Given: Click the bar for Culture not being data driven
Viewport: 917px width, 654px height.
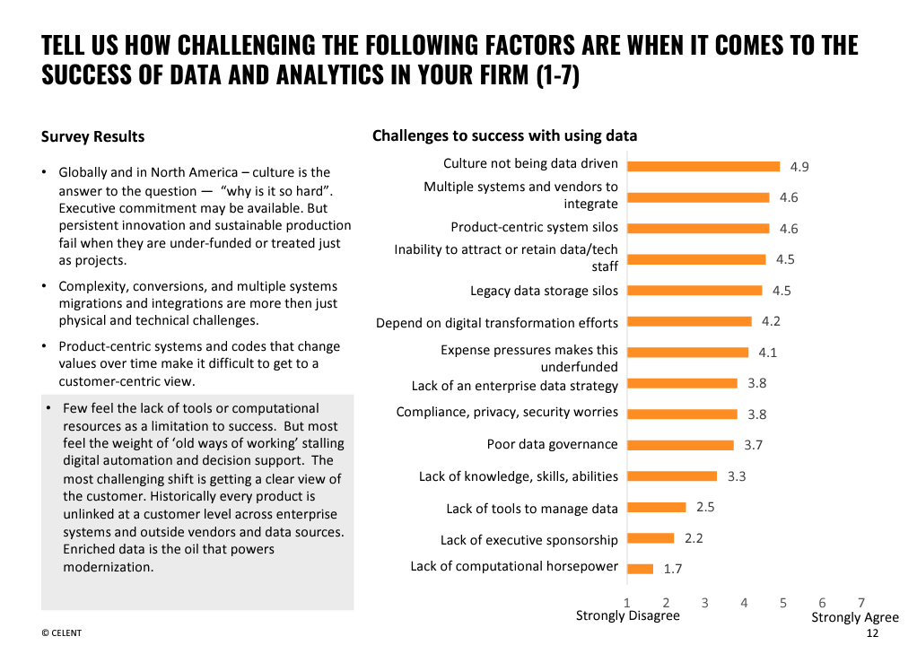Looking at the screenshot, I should [703, 166].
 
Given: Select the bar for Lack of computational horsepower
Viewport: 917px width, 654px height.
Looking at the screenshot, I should [641, 568].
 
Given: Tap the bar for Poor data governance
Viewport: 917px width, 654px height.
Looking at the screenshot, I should [680, 445].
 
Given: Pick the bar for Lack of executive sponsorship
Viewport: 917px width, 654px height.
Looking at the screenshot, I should [651, 538].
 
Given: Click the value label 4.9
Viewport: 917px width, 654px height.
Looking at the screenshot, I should [799, 167].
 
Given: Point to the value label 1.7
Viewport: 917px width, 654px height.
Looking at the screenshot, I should [673, 569].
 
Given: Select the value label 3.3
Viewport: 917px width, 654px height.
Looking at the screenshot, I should [737, 476].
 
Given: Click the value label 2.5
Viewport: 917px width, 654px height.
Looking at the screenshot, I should [705, 507].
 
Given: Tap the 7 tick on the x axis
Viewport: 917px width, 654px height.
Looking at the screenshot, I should [861, 603].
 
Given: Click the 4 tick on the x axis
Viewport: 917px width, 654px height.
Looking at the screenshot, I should [744, 603].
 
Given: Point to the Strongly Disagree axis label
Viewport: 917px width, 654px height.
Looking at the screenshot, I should [627, 615].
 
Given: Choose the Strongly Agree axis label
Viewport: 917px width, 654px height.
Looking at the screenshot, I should [854, 617].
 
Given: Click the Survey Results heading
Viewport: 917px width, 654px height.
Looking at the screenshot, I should [92, 136].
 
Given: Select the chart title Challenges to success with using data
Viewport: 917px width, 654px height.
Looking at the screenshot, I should [504, 135].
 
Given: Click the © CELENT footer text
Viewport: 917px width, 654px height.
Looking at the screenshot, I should [61, 633].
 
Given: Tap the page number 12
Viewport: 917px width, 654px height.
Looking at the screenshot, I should [872, 633].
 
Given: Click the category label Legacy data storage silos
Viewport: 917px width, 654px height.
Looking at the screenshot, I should [544, 291].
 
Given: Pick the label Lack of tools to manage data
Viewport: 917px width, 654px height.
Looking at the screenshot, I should [532, 509].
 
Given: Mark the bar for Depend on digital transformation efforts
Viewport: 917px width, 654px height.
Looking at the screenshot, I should [689, 321].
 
